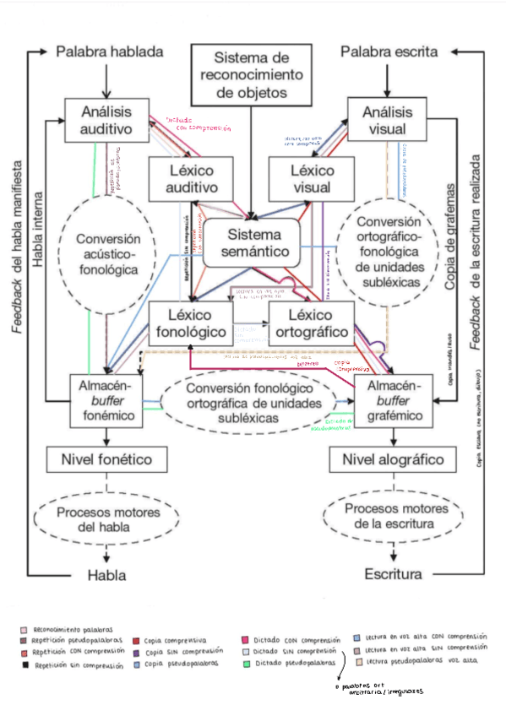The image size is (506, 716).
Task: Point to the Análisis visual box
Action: click(x=384, y=121)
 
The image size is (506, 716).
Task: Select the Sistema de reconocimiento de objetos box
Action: click(x=252, y=75)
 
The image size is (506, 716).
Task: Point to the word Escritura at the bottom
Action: click(x=393, y=575)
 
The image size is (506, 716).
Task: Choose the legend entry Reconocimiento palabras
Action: click(x=69, y=629)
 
